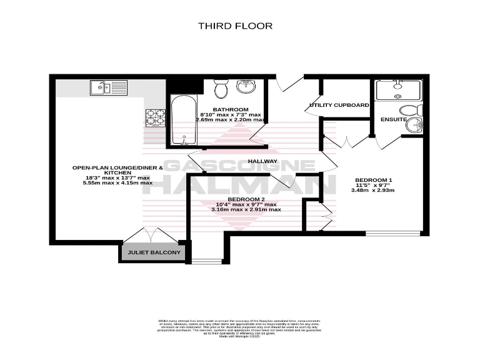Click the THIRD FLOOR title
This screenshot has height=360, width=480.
click(x=235, y=26)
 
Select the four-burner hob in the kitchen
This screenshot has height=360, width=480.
click(x=154, y=116)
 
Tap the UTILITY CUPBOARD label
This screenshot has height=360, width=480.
click(x=339, y=105)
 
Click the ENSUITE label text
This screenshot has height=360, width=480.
click(x=394, y=119)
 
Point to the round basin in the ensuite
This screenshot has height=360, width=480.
click(x=413, y=126)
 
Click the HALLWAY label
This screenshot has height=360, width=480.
click(x=262, y=161)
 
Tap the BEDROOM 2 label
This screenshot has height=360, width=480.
click(x=245, y=198)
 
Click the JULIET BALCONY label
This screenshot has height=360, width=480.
click(x=154, y=253)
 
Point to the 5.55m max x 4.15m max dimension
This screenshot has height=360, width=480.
click(x=112, y=183)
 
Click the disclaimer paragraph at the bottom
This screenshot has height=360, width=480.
click(x=240, y=327)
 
